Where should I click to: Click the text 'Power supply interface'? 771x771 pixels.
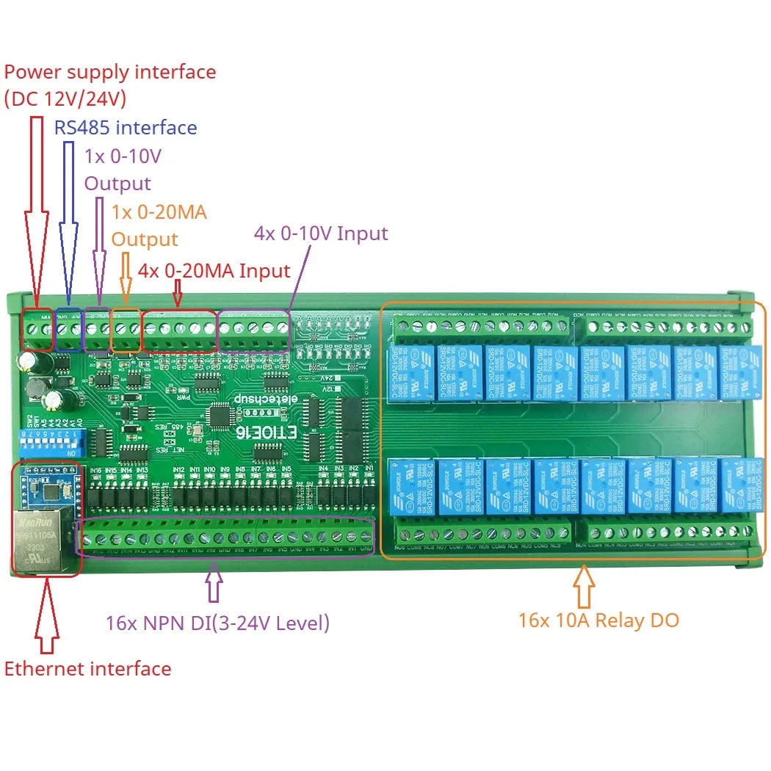(x=110, y=72)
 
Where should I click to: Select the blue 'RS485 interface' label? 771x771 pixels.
(x=126, y=128)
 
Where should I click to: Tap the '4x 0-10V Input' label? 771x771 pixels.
(x=321, y=234)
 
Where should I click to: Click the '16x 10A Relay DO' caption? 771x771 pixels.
(x=598, y=620)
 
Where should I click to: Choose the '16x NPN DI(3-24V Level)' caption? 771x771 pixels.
(x=217, y=623)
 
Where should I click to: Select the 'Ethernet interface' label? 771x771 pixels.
(x=87, y=669)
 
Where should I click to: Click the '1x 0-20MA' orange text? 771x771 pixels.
(x=159, y=212)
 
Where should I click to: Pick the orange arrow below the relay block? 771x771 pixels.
(x=584, y=584)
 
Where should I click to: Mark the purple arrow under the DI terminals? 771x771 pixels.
(x=213, y=584)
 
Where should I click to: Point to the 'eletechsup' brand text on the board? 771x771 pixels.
(x=258, y=397)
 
